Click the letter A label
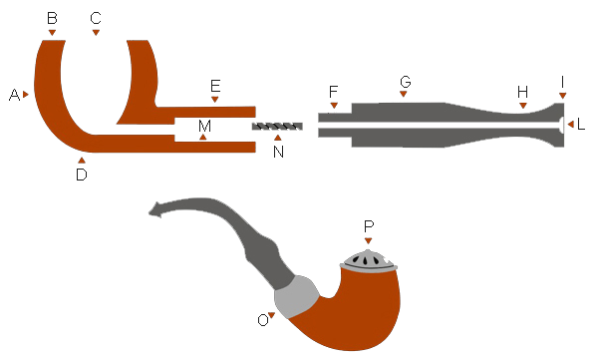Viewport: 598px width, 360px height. tap(14, 95)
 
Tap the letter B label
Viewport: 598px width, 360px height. tap(52, 18)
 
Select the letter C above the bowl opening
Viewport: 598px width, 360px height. tap(96, 18)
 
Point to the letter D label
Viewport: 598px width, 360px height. tap(82, 175)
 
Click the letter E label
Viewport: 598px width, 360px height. tap(215, 86)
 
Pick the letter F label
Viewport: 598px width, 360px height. tap(333, 92)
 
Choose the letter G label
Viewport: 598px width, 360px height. tap(406, 82)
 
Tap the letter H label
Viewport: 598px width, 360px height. tap(522, 92)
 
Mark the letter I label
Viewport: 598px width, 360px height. tap(562, 82)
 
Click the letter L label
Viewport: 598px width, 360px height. tap(581, 125)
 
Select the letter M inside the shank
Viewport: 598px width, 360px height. tap(204, 126)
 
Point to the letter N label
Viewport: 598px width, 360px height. tap(278, 152)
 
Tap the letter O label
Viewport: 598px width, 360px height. tap(263, 320)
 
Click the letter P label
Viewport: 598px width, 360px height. tap(369, 226)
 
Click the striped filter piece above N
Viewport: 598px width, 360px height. tap(277, 127)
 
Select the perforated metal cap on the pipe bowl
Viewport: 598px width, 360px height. tap(369, 261)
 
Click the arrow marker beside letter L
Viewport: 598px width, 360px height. tap(570, 124)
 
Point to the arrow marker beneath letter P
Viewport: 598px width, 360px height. tap(368, 241)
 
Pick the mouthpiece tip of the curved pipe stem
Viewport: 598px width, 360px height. tap(155, 210)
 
